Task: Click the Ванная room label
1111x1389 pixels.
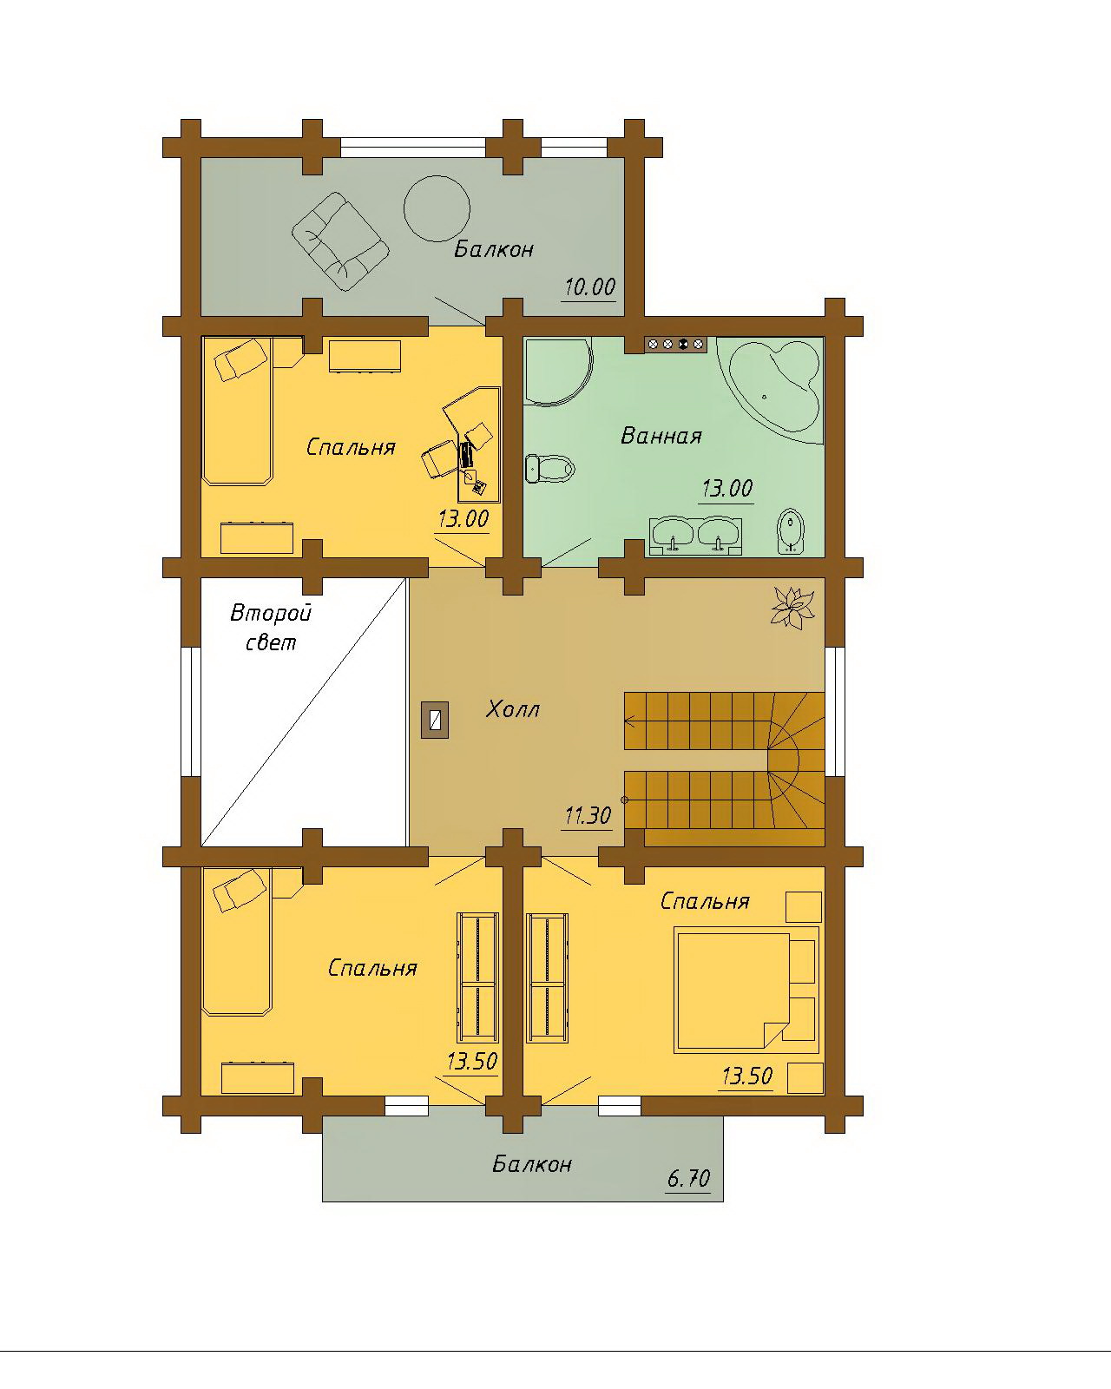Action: tap(661, 436)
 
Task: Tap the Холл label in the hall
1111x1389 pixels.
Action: tap(513, 710)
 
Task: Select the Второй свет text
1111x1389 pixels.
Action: tap(271, 627)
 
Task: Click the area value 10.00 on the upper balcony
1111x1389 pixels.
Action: tap(590, 286)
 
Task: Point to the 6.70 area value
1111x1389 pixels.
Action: tap(689, 1179)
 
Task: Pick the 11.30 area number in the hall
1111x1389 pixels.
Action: tap(588, 816)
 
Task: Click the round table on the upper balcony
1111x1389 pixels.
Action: tap(437, 208)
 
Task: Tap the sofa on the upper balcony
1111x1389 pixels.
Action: tap(340, 241)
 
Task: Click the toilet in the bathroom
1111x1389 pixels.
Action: tap(549, 468)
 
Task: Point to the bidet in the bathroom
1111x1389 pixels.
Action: tap(790, 531)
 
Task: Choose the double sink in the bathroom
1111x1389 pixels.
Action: tap(696, 536)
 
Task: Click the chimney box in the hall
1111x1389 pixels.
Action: tap(435, 720)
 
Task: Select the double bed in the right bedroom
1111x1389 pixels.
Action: tap(746, 991)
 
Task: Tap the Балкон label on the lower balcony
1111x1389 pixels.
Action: tap(532, 1164)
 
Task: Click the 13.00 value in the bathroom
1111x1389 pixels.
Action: tap(726, 489)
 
